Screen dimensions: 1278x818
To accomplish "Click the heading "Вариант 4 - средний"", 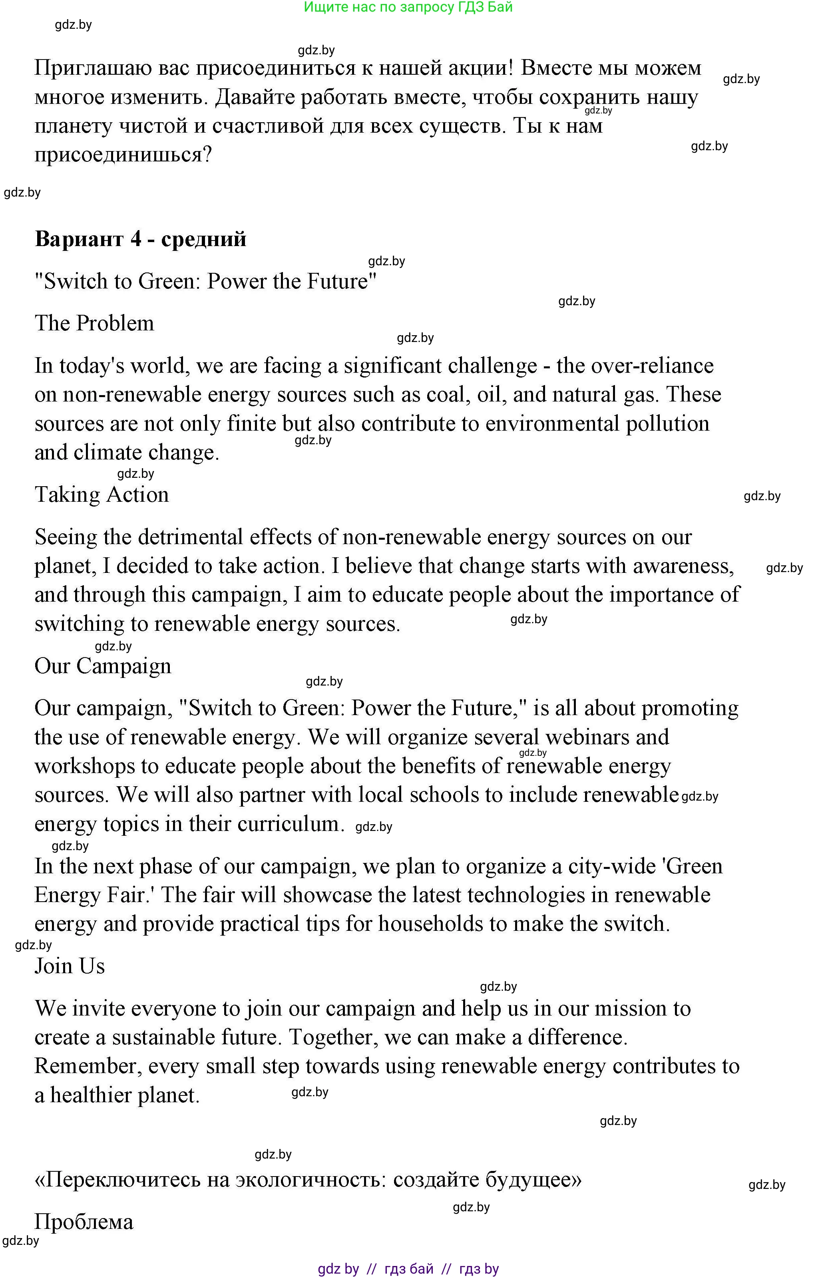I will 140,239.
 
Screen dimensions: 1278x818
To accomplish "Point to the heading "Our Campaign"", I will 103,666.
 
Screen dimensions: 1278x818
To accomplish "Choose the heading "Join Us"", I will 70,966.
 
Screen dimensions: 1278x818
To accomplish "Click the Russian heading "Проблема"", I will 84,1222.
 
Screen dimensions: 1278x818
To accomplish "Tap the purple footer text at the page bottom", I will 408,1268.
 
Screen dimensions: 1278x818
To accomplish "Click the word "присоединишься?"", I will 123,155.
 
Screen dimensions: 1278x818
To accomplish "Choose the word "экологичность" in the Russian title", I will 310,1180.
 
